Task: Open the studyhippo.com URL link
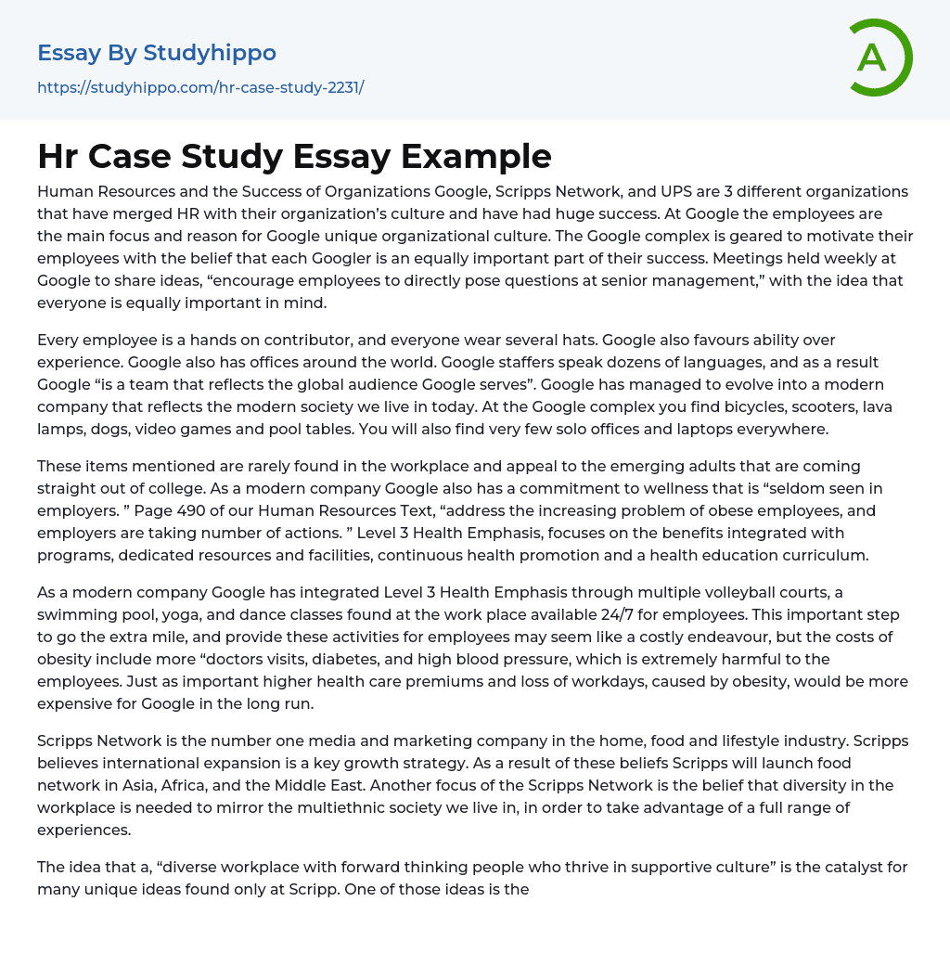point(200,88)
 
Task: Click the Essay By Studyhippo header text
point(157,53)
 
